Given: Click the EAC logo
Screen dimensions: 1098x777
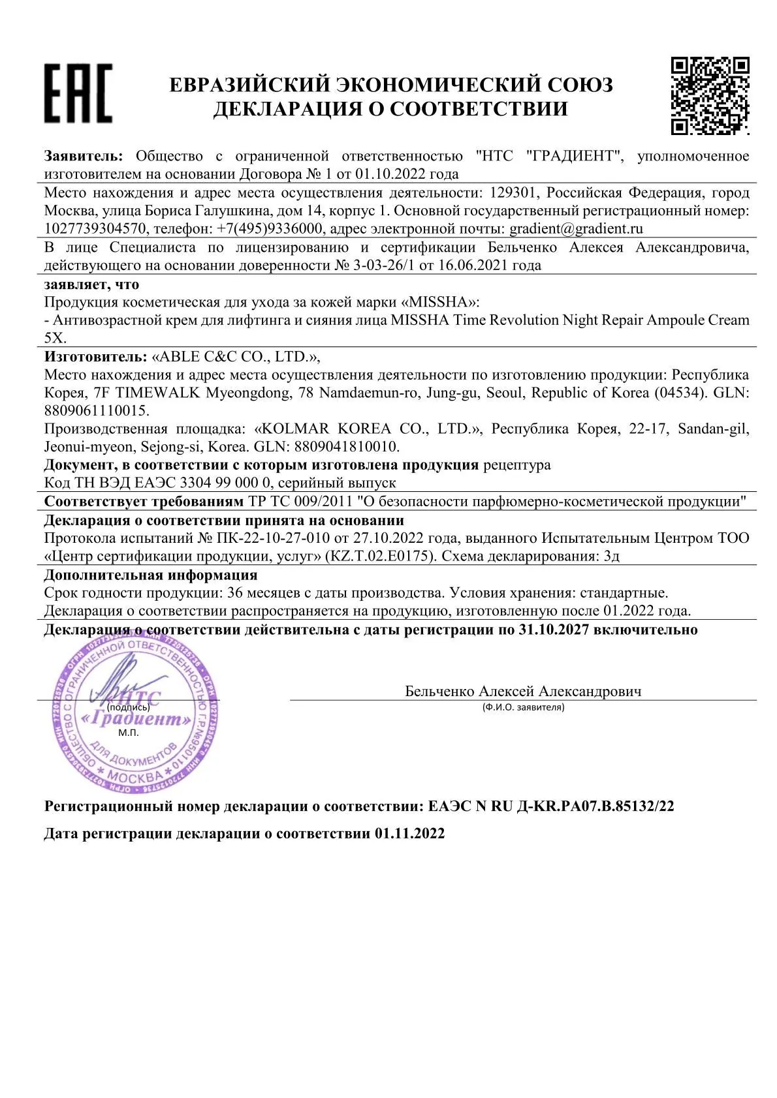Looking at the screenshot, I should [78, 93].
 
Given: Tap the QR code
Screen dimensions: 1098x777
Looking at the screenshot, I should [710, 95].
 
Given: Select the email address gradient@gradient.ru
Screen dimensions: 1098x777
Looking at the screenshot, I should [576, 228].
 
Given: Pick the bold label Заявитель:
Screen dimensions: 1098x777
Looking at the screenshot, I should [83, 156].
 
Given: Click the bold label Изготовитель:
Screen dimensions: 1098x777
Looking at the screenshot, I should [95, 356].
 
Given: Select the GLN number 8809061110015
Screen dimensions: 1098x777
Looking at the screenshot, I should [97, 410].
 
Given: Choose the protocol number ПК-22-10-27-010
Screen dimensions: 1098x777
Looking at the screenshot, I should [272, 538].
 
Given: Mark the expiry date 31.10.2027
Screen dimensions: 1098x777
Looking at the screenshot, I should [554, 630].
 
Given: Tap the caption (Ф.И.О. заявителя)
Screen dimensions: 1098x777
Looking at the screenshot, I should [523, 707].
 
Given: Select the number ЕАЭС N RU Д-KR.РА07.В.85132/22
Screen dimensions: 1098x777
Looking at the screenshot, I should [550, 806].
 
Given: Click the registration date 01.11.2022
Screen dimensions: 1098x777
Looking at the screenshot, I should [409, 833].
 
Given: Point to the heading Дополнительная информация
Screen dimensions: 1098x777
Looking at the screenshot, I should [151, 575].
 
